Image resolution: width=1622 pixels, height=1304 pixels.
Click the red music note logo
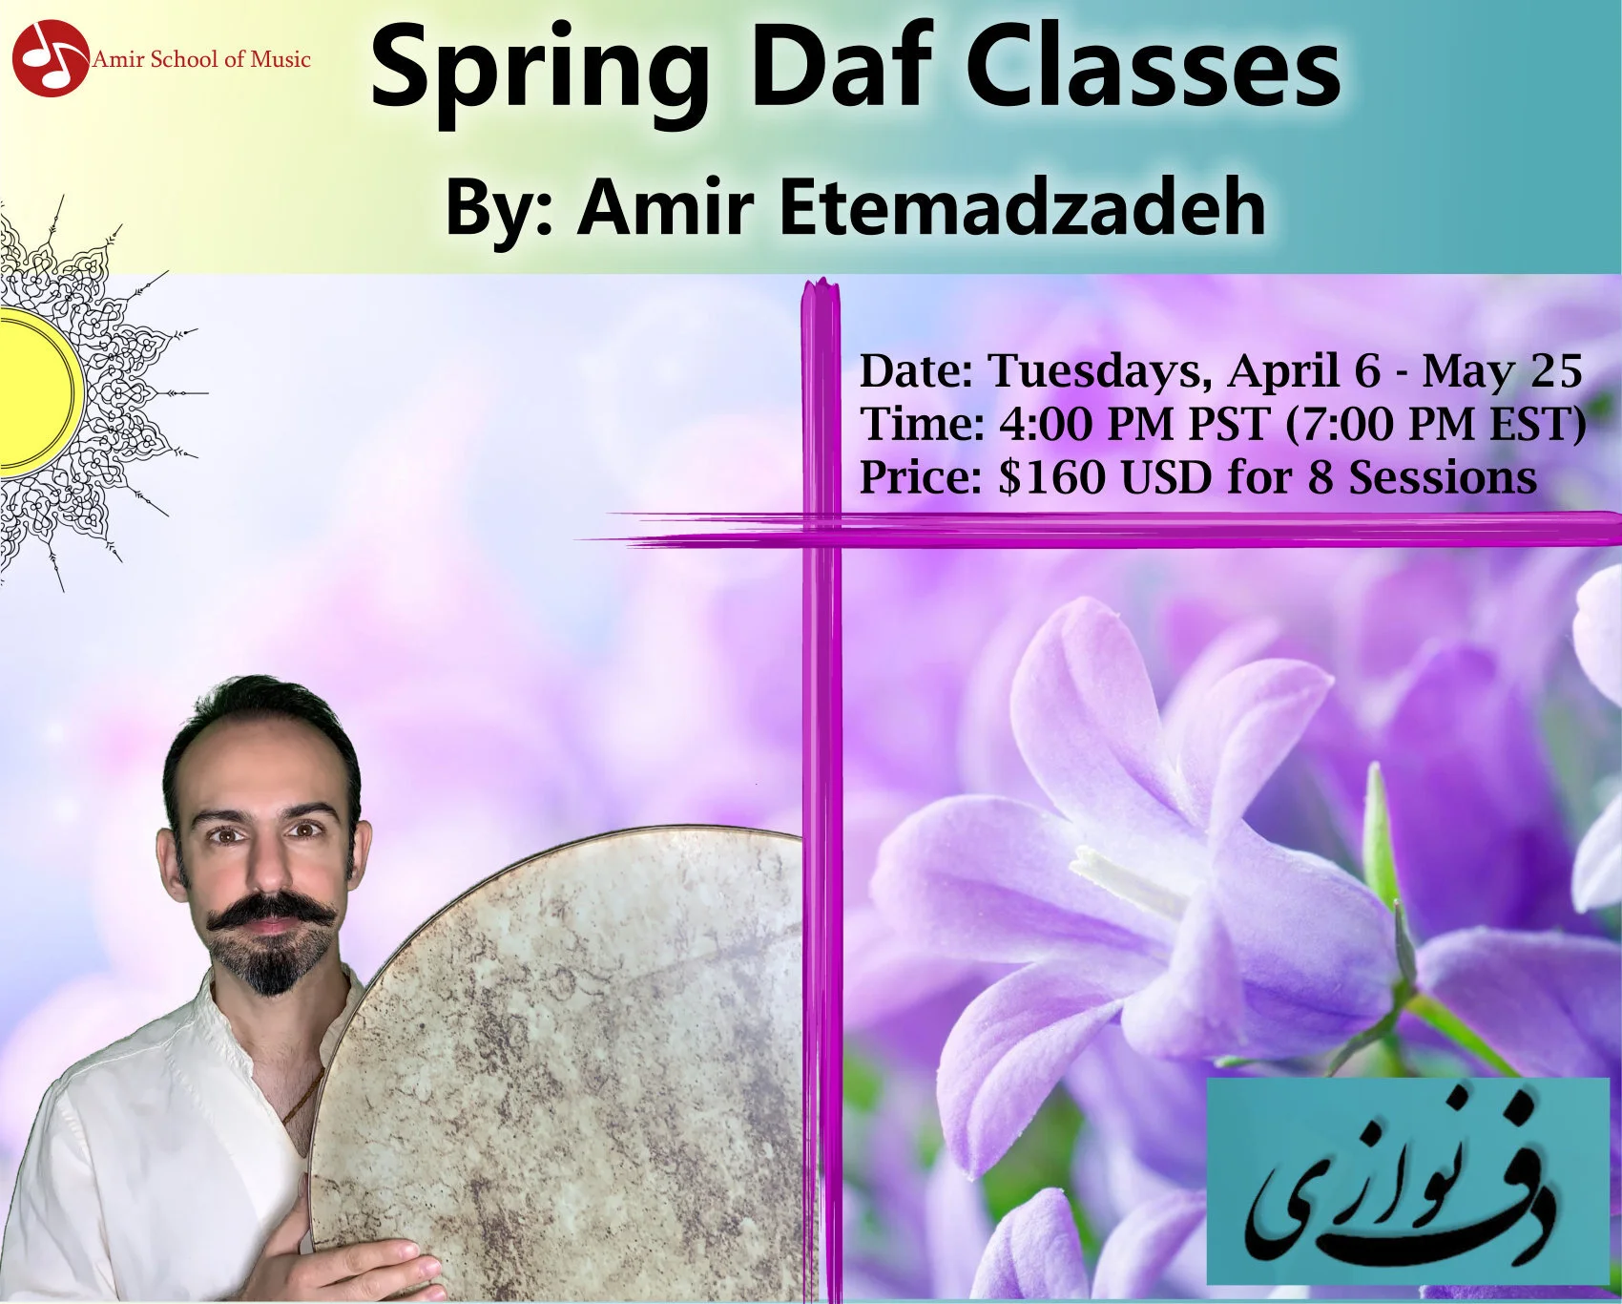tap(50, 58)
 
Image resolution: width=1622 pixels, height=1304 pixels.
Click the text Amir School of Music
tap(201, 59)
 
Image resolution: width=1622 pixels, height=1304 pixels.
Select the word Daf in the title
tap(840, 69)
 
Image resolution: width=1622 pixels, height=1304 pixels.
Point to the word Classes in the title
tap(1154, 69)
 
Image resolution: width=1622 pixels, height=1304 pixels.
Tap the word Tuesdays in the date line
tap(1099, 370)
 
